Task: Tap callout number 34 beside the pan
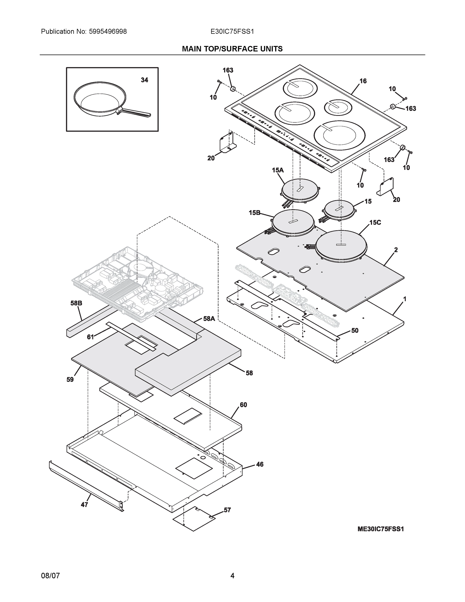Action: [144, 80]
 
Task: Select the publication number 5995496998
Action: [108, 32]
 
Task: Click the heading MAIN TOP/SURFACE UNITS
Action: [232, 49]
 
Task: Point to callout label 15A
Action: [277, 170]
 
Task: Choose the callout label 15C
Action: [375, 222]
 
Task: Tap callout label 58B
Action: [76, 303]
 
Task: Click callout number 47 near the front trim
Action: [84, 505]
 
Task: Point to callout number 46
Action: [259, 465]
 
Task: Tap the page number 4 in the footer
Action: [232, 576]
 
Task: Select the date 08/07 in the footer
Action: [50, 576]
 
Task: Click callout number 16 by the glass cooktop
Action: [363, 81]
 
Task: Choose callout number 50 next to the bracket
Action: [354, 331]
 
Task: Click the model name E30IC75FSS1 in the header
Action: [232, 32]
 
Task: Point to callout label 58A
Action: [209, 319]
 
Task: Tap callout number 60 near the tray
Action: [243, 405]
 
